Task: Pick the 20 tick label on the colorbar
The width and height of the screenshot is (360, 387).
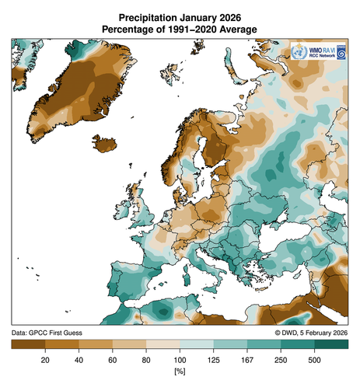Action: pyautogui.click(x=46, y=360)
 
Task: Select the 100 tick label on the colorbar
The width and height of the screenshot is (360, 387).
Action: pyautogui.click(x=180, y=360)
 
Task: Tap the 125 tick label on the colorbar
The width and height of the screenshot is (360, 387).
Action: pyautogui.click(x=213, y=360)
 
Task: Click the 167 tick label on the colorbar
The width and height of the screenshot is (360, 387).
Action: pyautogui.click(x=247, y=360)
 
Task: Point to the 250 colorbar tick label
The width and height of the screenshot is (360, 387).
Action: pyautogui.click(x=281, y=360)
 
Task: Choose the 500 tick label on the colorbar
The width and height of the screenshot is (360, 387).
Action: pyautogui.click(x=314, y=360)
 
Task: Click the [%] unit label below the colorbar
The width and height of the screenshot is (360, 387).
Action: pyautogui.click(x=180, y=374)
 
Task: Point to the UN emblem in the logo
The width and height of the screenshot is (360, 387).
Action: pyautogui.click(x=297, y=54)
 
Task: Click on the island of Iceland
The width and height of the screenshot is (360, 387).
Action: pyautogui.click(x=109, y=144)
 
